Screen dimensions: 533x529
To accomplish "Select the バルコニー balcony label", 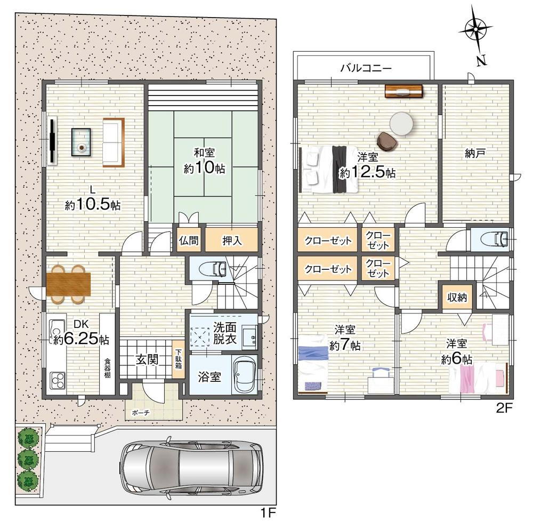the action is (366, 68).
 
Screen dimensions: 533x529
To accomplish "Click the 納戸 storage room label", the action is (474, 154).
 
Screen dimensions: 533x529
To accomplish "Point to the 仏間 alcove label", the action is (189, 241).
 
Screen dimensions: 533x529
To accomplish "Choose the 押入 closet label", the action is (232, 241).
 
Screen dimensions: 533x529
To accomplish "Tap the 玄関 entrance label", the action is (147, 359).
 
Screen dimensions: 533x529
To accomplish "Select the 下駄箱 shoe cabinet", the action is (178, 359).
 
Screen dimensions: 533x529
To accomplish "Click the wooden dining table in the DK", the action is (68, 284).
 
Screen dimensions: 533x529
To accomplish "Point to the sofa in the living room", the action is (114, 142).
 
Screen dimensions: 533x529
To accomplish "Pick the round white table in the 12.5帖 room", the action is (401, 124).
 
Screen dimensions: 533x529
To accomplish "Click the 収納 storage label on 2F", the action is (457, 298).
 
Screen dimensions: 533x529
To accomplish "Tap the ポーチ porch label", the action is (141, 413).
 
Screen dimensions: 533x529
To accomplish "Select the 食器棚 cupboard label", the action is (107, 367).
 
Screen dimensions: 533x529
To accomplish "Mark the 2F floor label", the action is (504, 408).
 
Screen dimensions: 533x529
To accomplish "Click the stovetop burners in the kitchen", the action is (58, 381).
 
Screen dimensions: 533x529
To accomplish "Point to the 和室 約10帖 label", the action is (204, 161).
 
